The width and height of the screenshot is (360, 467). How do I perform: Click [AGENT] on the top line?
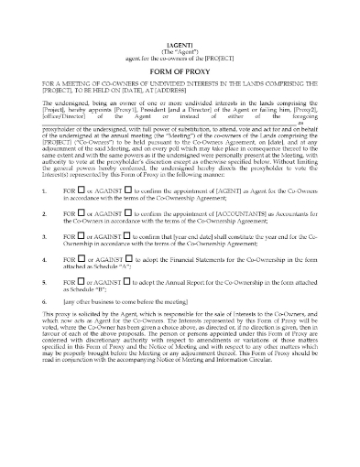(x=180, y=44)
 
